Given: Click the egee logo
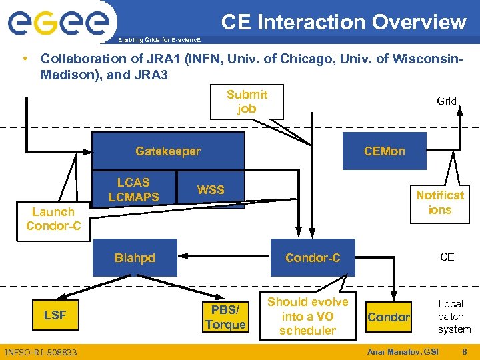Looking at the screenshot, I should [58, 25].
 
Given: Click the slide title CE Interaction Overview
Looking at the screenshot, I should [343, 22].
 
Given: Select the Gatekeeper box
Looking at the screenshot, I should [167, 151].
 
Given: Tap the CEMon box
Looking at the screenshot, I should [384, 151].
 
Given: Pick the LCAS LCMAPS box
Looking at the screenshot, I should [134, 189].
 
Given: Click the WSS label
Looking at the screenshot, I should [211, 190].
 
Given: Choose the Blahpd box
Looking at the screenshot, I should [134, 257].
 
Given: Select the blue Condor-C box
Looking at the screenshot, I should [312, 257].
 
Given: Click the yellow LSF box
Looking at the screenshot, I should [55, 315].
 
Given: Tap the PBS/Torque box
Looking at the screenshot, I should [225, 317].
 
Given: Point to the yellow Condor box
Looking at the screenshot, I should [389, 317].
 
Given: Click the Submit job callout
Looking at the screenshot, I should [247, 102].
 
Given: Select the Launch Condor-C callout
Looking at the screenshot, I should [53, 219].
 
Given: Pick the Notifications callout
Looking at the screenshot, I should [439, 202].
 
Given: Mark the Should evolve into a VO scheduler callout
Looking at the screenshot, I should [307, 316].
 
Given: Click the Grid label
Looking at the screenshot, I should [447, 101].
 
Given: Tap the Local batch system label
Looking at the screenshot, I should [453, 316].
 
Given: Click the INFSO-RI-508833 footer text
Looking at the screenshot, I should [41, 352].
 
